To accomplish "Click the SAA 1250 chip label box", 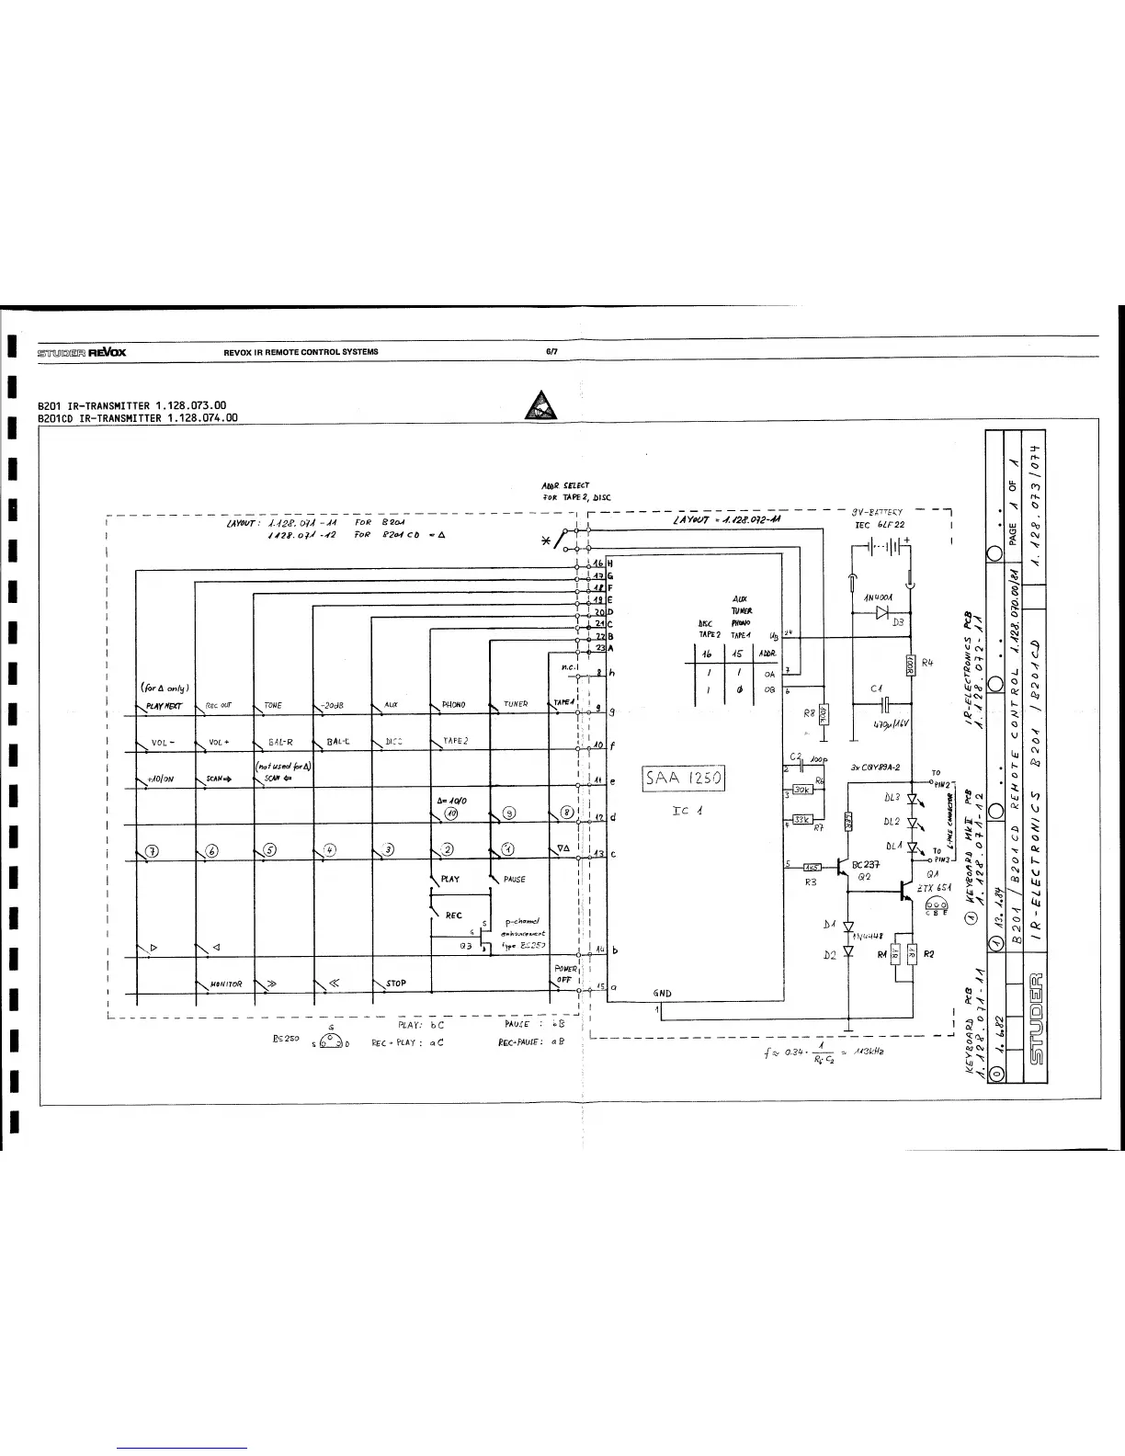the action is pos(685,779).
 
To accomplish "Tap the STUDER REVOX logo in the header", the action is pos(82,351).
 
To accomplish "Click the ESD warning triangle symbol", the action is pos(540,404).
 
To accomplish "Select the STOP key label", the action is pos(396,983).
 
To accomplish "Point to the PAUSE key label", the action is pos(514,879).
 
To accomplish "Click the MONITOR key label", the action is pos(226,984).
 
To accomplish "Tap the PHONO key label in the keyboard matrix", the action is pos(454,705).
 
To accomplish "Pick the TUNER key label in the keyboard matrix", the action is pos(515,705).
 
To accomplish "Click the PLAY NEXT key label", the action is pos(164,706).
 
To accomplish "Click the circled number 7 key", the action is pos(153,849).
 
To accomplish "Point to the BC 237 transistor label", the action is pos(867,865).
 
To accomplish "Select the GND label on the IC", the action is pos(662,994).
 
